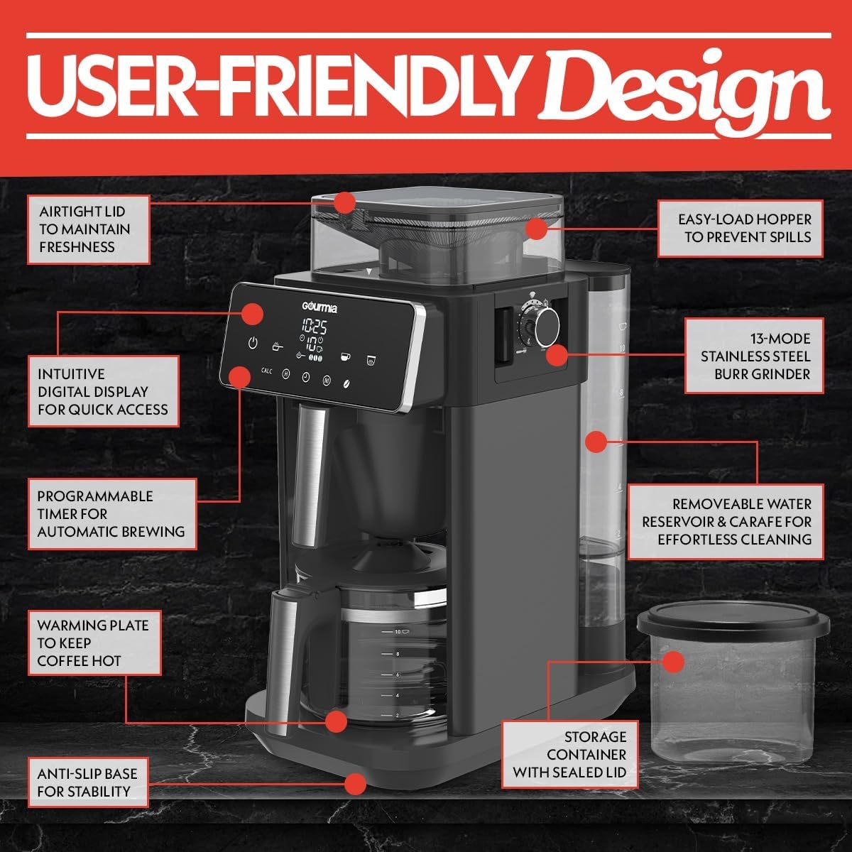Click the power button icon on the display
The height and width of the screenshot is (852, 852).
252,343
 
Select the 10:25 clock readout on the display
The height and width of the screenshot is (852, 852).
314,327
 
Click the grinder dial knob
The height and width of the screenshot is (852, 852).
547,326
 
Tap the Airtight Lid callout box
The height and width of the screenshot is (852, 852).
89,229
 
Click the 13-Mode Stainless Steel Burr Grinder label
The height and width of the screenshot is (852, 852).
754,356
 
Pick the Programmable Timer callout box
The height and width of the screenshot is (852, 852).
111,514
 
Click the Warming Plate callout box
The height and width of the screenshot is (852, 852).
94,643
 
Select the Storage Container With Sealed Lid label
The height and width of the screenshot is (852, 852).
569,755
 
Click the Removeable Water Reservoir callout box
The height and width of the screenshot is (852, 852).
726,522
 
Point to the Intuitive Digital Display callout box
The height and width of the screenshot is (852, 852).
103,391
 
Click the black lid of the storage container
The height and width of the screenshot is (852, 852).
733,624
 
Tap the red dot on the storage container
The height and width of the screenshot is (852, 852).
672,662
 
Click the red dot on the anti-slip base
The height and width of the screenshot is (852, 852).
355,784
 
